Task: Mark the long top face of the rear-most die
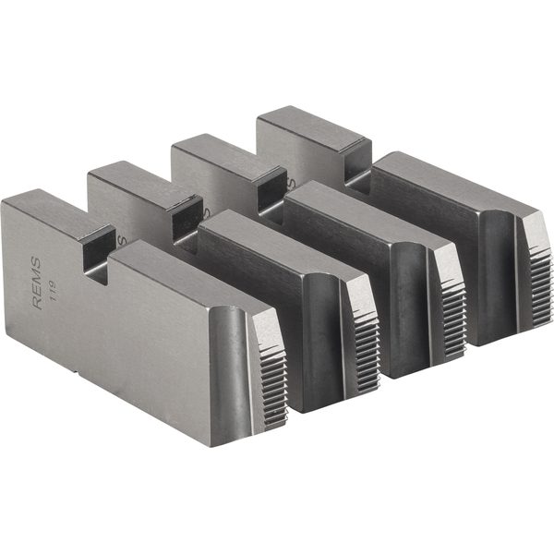[443, 180]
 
